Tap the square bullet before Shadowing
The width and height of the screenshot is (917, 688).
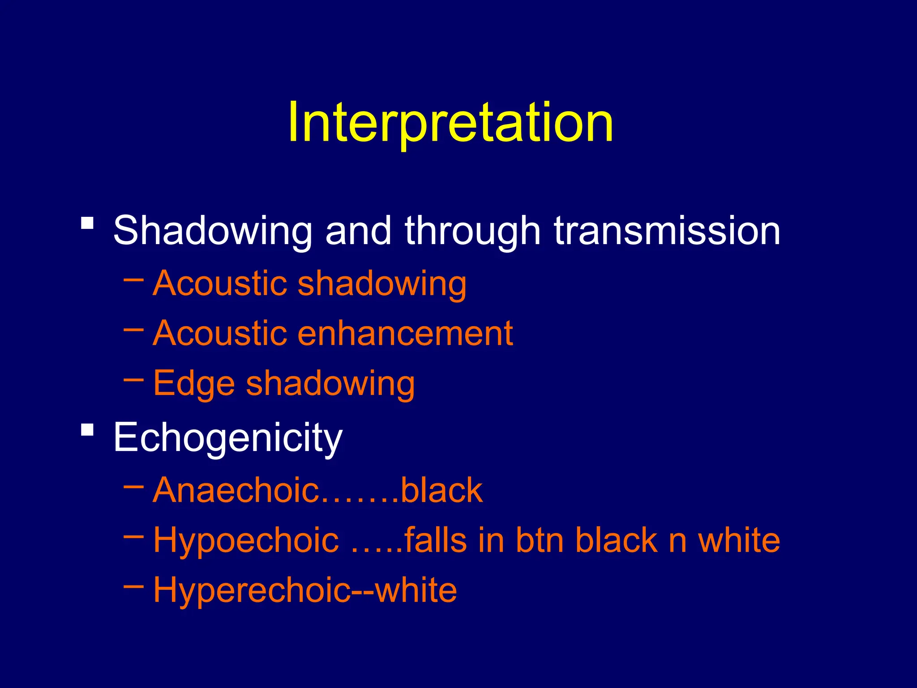pos(87,223)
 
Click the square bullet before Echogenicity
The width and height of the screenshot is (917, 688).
pos(87,430)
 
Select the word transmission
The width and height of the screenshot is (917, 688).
pos(667,231)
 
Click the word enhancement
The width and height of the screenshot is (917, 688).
pos(405,333)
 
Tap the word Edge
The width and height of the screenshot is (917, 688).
pos(194,384)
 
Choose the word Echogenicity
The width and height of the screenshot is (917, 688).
pos(227,438)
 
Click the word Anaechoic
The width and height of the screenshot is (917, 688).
pos(236,490)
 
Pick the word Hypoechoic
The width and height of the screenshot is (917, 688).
pos(246,541)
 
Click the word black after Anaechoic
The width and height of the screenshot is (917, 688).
pos(441,490)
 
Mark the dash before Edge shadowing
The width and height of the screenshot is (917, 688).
pos(133,380)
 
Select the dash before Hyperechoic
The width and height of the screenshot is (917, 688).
pos(133,586)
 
